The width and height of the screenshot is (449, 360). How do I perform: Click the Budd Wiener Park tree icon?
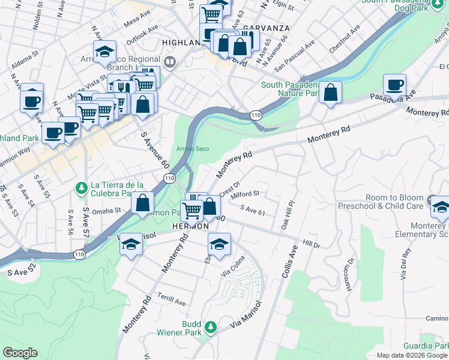pos(210,328)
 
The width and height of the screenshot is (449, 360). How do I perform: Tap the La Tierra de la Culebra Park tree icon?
pos(81,188)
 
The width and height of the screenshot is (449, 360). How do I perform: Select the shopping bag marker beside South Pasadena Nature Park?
pos(330,93)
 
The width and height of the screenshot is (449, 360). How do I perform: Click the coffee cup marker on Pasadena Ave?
pos(394,85)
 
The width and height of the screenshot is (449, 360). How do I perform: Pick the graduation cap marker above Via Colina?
pos(220,244)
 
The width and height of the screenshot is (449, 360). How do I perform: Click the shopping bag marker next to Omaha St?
pos(143,203)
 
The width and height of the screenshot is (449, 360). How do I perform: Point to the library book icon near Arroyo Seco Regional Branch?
pos(170,62)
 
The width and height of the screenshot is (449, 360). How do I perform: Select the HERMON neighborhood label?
pos(190,226)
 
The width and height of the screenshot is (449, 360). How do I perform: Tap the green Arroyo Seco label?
pos(192,149)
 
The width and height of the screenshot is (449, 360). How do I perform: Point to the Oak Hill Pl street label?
pos(289,215)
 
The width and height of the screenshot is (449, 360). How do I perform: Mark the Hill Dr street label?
pos(312,244)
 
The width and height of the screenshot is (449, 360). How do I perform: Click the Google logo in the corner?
pos(20,353)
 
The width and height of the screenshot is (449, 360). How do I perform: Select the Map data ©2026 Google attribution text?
pos(412,355)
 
